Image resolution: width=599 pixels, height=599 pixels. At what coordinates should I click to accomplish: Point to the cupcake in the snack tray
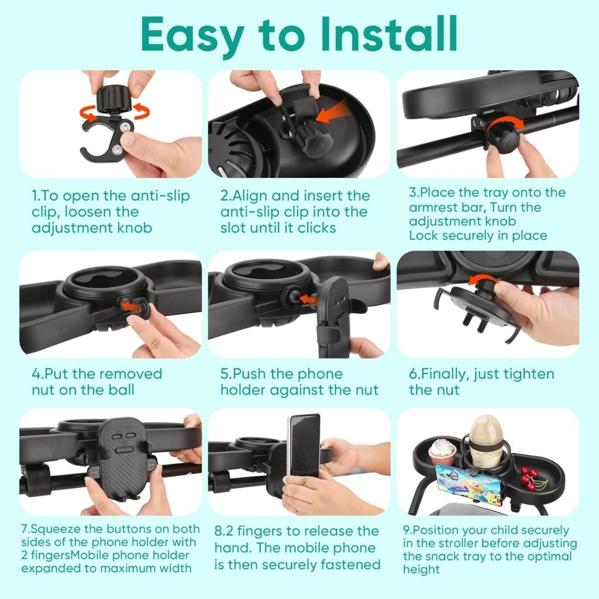click(x=442, y=452)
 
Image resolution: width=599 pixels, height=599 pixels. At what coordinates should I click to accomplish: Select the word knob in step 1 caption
click(x=132, y=228)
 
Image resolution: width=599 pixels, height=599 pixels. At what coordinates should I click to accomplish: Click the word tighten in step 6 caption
click(x=533, y=374)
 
